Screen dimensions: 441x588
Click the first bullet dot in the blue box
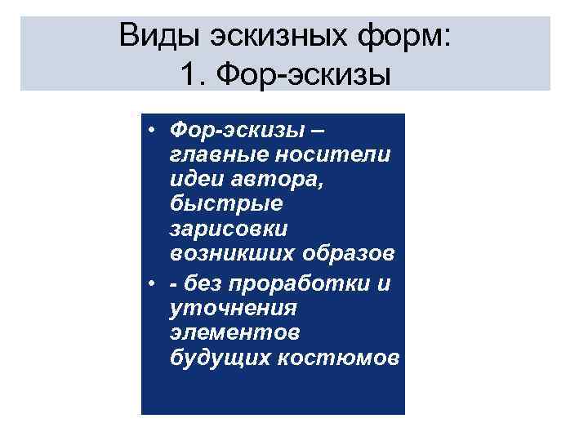click(x=153, y=131)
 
